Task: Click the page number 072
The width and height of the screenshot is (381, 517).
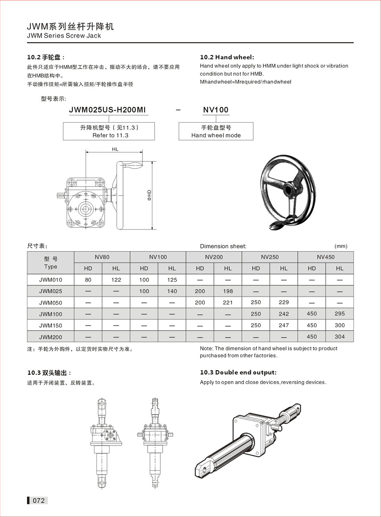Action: pyautogui.click(x=38, y=500)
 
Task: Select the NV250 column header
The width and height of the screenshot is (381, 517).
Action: pyautogui.click(x=270, y=257)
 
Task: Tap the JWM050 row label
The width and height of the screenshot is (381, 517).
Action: pyautogui.click(x=50, y=302)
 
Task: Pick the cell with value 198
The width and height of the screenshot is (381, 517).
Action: pyautogui.click(x=228, y=291)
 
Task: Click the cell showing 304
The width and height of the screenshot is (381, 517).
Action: pyautogui.click(x=339, y=336)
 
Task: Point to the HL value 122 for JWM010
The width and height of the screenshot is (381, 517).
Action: pyautogui.click(x=116, y=280)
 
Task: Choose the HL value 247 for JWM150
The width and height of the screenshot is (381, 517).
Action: pyautogui.click(x=283, y=325)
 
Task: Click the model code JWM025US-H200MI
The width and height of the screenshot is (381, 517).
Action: pyautogui.click(x=107, y=110)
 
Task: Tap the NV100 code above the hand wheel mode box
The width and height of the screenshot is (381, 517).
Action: pyautogui.click(x=216, y=110)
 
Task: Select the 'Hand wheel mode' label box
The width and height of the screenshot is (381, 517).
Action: pyautogui.click(x=216, y=131)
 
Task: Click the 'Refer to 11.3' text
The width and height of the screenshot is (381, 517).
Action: pyautogui.click(x=110, y=135)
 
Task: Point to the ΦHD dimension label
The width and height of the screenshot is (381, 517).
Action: pyautogui.click(x=149, y=195)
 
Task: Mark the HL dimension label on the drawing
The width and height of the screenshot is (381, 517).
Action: pyautogui.click(x=115, y=149)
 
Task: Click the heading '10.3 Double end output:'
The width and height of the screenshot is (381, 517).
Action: pyautogui.click(x=238, y=372)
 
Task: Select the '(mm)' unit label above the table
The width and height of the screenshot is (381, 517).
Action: pyautogui.click(x=341, y=246)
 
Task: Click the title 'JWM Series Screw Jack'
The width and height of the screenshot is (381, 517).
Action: pyautogui.click(x=64, y=36)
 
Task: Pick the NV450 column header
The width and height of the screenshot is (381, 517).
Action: pyautogui.click(x=325, y=257)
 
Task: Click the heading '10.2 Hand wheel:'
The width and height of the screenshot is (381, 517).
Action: pyautogui.click(x=227, y=57)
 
